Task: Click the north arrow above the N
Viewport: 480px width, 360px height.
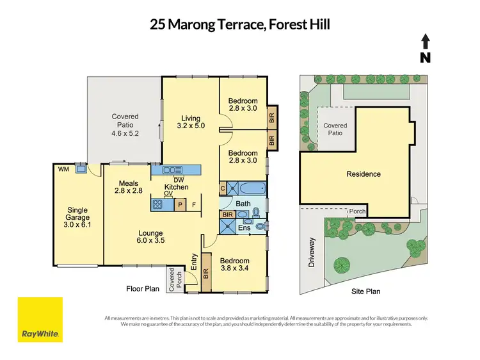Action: [x=426, y=42]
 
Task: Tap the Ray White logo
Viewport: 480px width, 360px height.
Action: [x=40, y=320]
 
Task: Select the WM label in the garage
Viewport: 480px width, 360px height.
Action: [x=63, y=169]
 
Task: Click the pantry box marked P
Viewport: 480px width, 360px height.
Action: [x=180, y=205]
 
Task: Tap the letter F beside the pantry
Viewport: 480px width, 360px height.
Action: [x=194, y=205]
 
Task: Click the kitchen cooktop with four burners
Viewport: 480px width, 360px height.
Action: [x=157, y=204]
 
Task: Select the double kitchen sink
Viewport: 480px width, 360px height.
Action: [x=172, y=170]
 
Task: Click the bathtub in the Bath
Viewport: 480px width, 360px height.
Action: [x=252, y=188]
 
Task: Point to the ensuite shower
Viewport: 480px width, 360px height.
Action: [x=227, y=226]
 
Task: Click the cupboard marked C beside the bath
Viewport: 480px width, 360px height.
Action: [x=223, y=188]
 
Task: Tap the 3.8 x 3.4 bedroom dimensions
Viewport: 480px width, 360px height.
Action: [x=234, y=268]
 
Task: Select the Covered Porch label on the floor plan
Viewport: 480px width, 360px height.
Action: [x=175, y=279]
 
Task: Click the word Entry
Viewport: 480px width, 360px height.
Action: [x=194, y=262]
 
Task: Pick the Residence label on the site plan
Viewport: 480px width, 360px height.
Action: [x=364, y=174]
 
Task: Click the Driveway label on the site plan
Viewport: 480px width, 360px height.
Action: [x=312, y=252]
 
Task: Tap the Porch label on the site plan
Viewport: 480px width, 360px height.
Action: [x=358, y=211]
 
